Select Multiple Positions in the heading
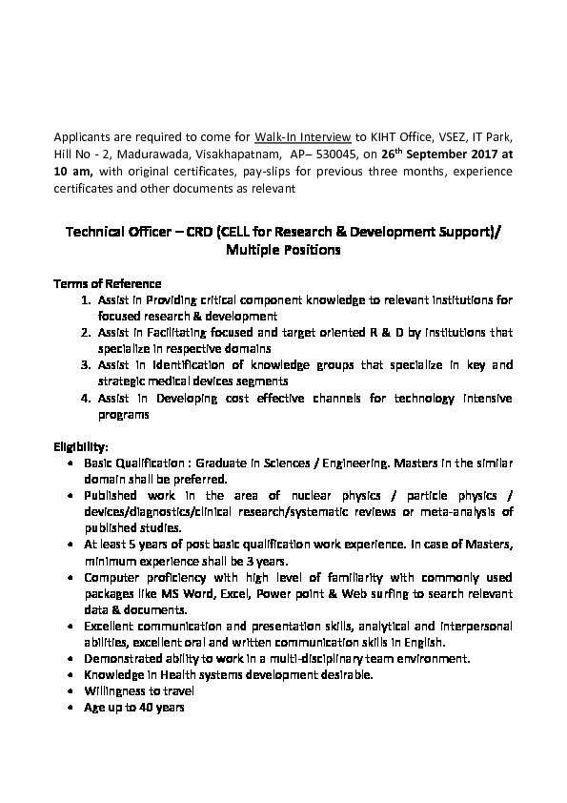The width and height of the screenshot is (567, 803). (x=283, y=251)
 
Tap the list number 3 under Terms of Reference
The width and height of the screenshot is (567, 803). (x=86, y=364)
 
